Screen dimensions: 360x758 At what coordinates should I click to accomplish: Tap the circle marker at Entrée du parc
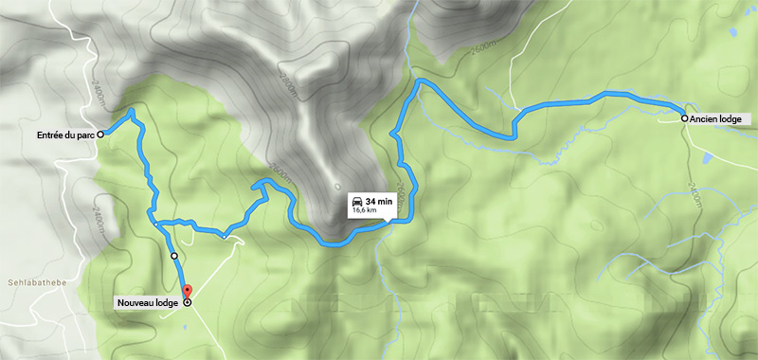point(100,135)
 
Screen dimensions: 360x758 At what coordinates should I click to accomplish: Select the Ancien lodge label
point(719,119)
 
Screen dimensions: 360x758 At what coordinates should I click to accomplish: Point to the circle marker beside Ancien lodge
point(684,118)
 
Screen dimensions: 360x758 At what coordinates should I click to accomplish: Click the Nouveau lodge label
point(147,303)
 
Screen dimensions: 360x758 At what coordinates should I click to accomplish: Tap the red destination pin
point(186,291)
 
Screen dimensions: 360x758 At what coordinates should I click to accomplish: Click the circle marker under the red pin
point(187,303)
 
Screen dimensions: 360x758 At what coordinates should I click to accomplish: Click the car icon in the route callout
point(356,204)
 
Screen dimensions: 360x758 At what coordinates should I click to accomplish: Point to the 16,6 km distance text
point(365,212)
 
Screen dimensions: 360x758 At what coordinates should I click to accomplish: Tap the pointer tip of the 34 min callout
point(388,224)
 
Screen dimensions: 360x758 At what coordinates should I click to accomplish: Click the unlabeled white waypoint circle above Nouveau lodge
point(174,256)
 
